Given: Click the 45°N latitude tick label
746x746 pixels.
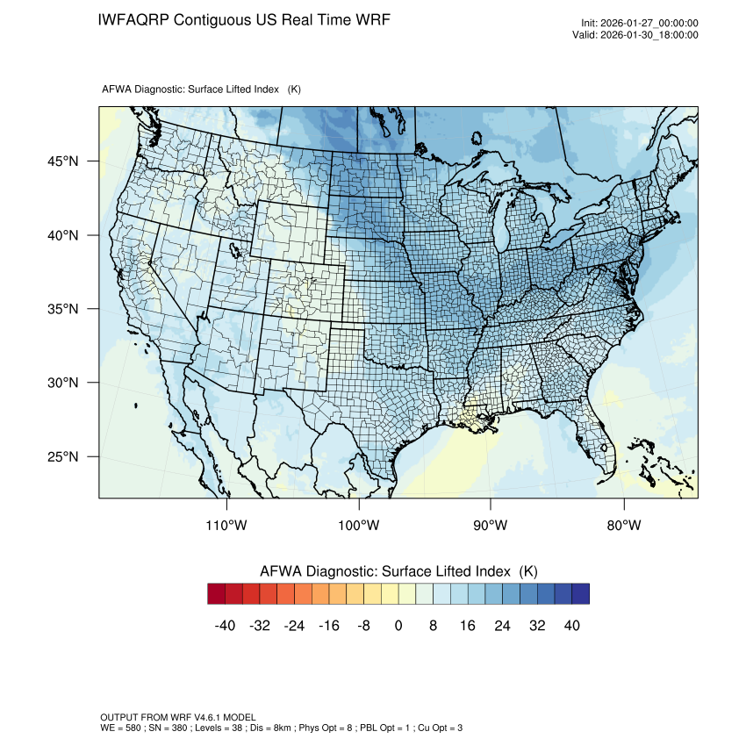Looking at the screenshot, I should click(x=62, y=161).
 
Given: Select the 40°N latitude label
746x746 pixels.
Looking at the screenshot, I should click(x=62, y=235).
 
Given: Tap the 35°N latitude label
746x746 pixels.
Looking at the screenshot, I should click(x=62, y=309).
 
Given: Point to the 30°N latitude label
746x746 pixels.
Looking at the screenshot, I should click(x=62, y=383).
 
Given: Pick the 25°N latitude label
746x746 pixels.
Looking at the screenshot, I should click(x=62, y=456).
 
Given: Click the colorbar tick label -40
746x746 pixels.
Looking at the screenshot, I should click(x=225, y=626).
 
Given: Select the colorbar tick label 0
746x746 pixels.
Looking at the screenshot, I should click(x=398, y=626).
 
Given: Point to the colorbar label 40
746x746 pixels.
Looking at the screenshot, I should click(x=572, y=626).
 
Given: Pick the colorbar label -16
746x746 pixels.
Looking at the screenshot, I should click(x=328, y=626).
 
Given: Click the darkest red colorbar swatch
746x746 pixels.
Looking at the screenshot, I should click(x=216, y=594).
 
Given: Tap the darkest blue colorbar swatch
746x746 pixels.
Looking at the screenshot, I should click(x=580, y=594).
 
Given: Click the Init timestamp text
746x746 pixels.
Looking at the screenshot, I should click(x=640, y=23).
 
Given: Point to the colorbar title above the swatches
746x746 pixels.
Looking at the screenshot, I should click(x=398, y=570).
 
